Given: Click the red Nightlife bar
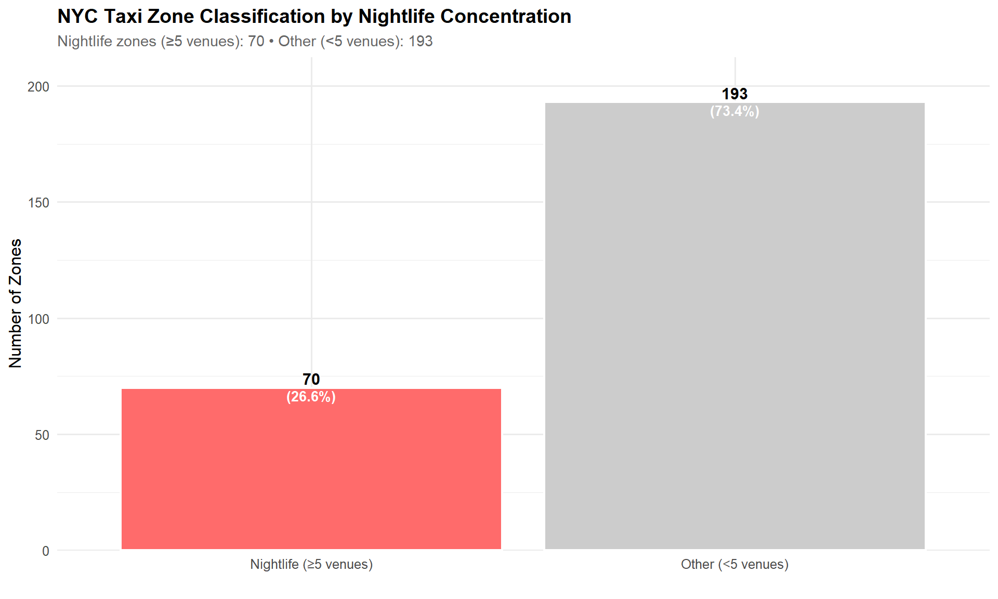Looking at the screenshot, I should (x=311, y=468).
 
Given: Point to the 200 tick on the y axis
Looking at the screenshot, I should (x=38, y=87).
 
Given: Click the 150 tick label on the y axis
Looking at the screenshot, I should (x=38, y=203).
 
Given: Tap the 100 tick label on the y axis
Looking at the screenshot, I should (x=38, y=319).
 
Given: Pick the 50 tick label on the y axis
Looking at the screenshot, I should (x=42, y=435).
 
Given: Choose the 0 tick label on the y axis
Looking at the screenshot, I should (x=46, y=551).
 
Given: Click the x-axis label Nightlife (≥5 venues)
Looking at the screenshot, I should (x=311, y=564).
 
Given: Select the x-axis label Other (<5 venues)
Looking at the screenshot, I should (x=734, y=564).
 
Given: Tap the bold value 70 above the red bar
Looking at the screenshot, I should (x=311, y=379).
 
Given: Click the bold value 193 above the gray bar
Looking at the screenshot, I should (x=734, y=94).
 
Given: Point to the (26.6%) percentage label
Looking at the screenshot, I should (x=311, y=397).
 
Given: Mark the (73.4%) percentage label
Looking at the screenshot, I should (x=734, y=111).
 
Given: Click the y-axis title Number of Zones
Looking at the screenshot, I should (x=16, y=303).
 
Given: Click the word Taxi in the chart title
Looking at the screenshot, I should (x=123, y=17).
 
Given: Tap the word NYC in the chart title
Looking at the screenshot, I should (x=77, y=17).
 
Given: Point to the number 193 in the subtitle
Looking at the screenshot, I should (x=420, y=41).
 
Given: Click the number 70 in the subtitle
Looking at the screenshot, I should (x=256, y=41).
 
